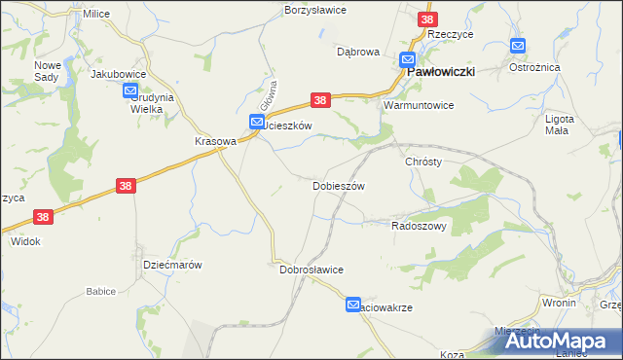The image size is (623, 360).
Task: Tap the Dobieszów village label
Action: (338, 185)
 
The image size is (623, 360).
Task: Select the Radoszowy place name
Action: (419, 225)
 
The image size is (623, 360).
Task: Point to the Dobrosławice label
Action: (311, 270)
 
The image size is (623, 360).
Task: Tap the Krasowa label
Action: (215, 140)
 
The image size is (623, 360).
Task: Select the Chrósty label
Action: (423, 162)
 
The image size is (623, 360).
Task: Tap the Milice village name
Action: (96, 14)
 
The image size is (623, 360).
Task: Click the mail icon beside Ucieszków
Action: (256, 122)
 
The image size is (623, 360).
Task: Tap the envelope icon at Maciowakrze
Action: (353, 305)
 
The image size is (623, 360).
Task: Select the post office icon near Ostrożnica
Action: (518, 46)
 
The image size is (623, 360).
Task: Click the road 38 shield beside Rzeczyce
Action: (427, 18)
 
